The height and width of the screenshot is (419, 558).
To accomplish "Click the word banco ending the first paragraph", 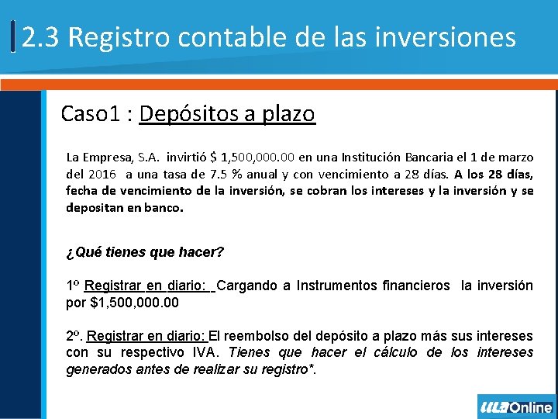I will (x=162, y=209).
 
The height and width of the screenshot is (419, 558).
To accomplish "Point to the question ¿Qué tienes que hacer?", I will (x=145, y=252).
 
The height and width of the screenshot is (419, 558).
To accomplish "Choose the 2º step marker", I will (x=74, y=337).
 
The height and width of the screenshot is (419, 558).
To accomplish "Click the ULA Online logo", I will (x=516, y=407).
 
